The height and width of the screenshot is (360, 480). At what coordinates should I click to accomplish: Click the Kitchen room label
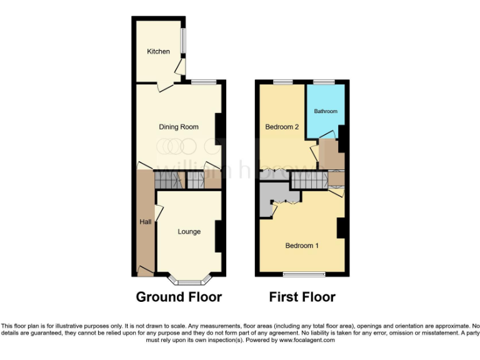pos(158,51)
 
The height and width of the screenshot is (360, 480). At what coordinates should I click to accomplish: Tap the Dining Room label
pos(179,127)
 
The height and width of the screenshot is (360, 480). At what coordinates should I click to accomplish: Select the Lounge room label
pos(189,232)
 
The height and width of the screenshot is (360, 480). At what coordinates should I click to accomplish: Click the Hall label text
pos(144,221)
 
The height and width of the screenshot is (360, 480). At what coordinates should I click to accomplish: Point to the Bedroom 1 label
pos(302,246)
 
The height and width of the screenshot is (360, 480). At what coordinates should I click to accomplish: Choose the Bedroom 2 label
pos(282,127)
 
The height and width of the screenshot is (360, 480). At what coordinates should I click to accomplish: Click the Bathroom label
pos(326,111)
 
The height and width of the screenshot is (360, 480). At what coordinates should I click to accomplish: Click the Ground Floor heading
pos(179,297)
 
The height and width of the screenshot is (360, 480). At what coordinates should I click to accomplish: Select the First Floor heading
pos(302,297)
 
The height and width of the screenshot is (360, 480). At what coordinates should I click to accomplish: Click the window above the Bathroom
pos(324,82)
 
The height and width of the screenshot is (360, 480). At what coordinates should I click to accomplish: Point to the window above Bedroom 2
pos(282,82)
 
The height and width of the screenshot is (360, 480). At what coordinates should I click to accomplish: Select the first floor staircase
pos(309,181)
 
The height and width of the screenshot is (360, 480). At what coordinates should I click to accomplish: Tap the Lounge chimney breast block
pos(219,236)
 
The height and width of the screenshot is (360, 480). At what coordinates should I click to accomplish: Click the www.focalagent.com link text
pos(307,341)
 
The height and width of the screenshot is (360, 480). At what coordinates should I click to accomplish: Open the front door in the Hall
pos(145,271)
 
